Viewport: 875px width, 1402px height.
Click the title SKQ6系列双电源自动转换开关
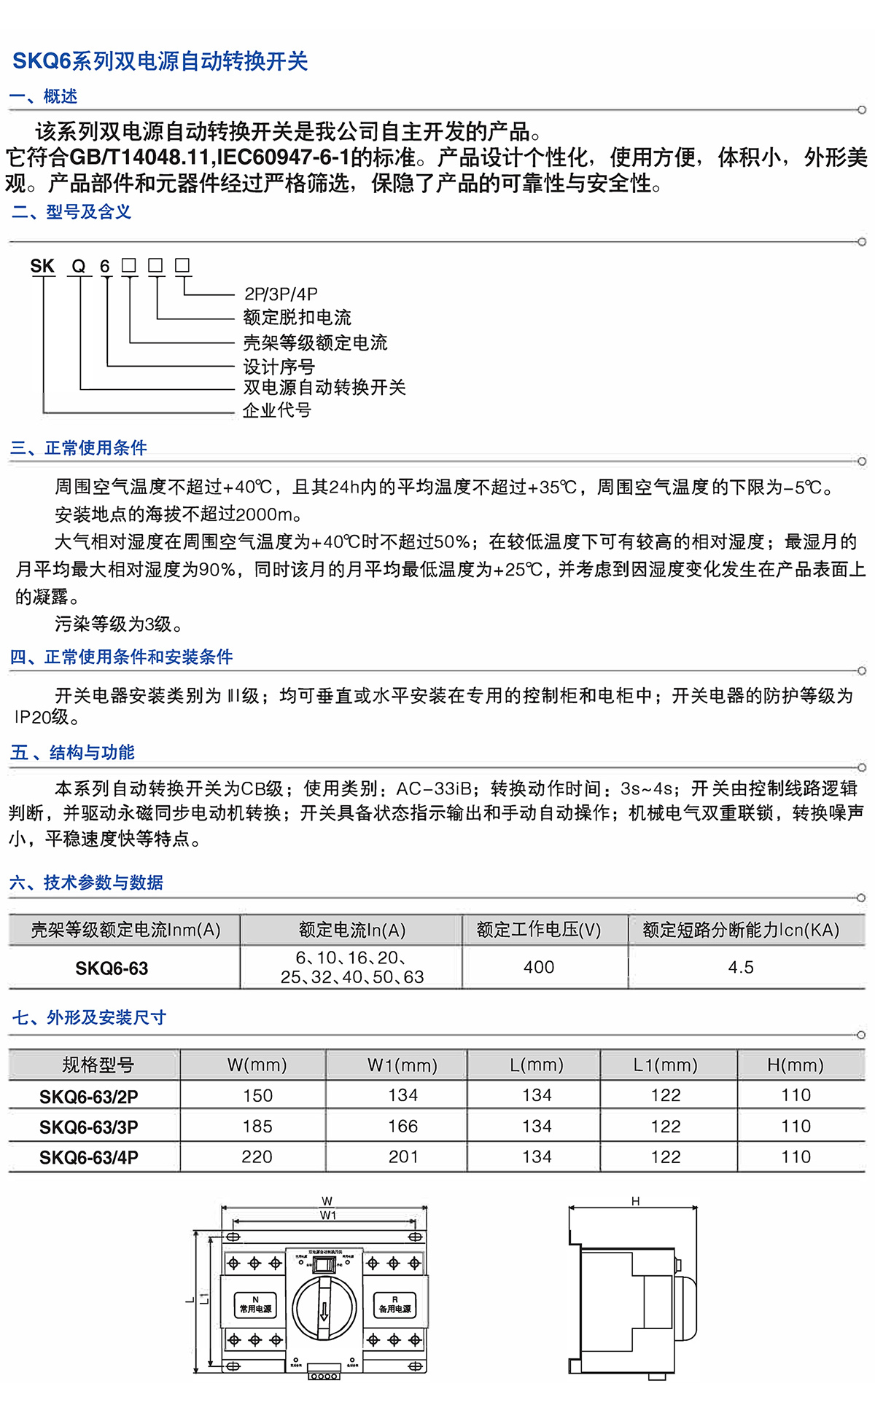(160, 61)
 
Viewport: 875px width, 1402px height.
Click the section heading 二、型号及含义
(71, 212)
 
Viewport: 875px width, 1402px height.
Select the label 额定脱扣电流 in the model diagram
(297, 318)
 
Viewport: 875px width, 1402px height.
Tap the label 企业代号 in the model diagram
(277, 411)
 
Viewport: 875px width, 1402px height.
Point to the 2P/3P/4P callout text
(281, 294)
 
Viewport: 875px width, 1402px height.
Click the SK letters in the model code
(42, 267)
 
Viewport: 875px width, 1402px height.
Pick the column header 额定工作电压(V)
(539, 930)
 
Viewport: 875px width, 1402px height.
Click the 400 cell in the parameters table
(539, 967)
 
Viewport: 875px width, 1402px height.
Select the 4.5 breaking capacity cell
(741, 967)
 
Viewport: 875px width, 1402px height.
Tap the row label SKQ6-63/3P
(89, 1127)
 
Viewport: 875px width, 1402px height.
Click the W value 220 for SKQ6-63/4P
(257, 1157)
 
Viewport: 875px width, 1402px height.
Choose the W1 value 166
(402, 1127)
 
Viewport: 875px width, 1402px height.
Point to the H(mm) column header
(795, 1065)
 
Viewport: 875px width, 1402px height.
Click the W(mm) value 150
(257, 1096)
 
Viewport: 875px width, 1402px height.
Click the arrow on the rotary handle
(324, 1312)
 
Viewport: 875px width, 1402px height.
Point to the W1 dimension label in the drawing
(328, 1215)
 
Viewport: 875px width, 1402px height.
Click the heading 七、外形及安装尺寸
(89, 1018)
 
